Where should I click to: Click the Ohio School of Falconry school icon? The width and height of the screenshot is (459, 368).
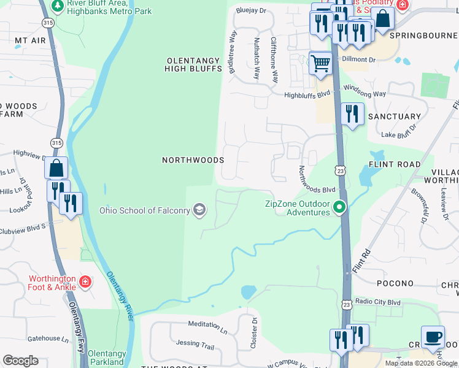pos(199,210)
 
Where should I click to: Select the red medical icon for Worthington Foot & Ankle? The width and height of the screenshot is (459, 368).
pos(85,283)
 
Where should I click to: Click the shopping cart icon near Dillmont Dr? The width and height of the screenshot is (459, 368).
pos(320,63)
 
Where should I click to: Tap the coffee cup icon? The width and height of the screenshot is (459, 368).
pos(433,337)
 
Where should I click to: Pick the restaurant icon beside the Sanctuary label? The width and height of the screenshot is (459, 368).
pos(352,115)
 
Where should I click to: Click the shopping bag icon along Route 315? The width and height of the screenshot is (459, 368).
pos(56,167)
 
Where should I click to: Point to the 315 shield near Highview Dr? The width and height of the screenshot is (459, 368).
pos(57,142)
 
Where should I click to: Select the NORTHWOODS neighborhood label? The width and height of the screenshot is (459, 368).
pos(193,159)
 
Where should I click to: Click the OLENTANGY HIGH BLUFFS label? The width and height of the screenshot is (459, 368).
pos(193,64)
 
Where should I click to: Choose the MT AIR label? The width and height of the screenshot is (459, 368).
pos(30,40)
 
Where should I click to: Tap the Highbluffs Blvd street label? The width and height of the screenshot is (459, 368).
pos(307,95)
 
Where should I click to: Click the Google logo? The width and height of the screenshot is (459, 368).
pos(20,361)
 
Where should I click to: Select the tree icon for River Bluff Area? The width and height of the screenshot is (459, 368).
pos(58,6)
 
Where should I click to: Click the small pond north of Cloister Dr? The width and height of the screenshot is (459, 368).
pos(248,292)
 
